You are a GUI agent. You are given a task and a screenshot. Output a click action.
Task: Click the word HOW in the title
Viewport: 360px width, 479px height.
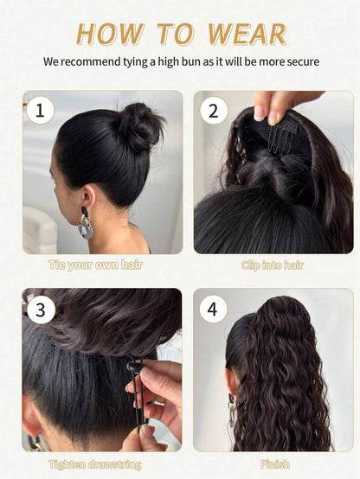110,34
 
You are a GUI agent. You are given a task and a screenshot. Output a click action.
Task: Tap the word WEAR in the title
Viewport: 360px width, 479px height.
247,34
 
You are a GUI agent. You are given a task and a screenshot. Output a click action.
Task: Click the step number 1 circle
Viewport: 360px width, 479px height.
41,110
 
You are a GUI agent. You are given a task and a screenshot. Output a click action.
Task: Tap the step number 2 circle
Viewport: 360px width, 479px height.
214,110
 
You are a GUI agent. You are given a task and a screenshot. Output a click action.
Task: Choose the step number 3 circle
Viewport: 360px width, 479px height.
41,310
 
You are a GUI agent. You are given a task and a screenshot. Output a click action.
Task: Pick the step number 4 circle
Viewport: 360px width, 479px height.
213,309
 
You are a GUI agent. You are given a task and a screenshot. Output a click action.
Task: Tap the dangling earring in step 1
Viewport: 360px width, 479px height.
86,223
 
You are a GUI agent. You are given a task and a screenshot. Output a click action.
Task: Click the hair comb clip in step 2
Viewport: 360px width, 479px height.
280,137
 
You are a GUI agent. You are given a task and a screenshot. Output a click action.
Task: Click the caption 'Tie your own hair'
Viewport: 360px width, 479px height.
96,265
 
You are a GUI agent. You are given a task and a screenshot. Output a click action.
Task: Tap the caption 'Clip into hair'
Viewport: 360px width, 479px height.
273,265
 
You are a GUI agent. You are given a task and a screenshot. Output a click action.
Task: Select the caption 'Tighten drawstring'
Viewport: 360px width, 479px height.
95,464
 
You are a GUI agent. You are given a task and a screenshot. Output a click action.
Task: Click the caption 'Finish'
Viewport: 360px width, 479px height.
274,464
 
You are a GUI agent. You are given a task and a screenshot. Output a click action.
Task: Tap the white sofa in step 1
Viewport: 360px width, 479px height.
40,229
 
